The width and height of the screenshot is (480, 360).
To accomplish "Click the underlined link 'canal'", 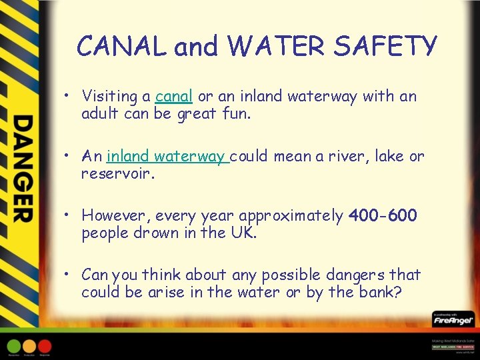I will [x=174, y=97].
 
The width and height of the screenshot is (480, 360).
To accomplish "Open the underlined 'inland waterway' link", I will [x=167, y=157].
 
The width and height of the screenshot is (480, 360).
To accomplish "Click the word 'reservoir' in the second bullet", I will [x=117, y=174].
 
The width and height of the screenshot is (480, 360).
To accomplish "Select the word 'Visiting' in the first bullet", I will [x=111, y=97].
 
